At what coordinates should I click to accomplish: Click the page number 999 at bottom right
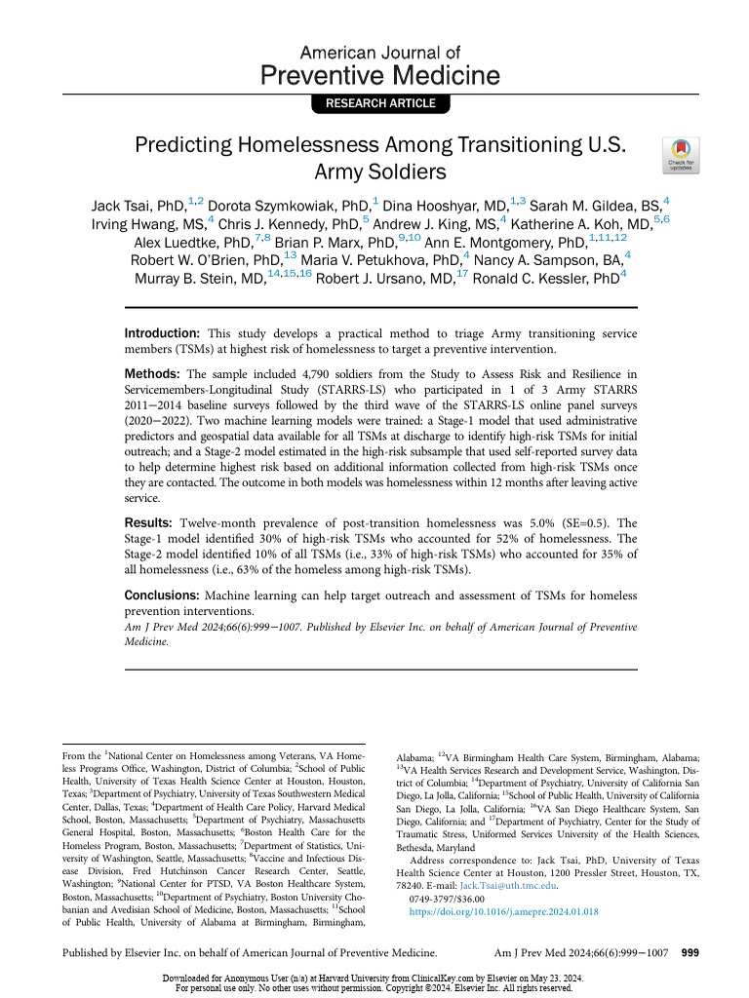click(x=690, y=952)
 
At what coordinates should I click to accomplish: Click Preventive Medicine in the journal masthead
click(x=379, y=75)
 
